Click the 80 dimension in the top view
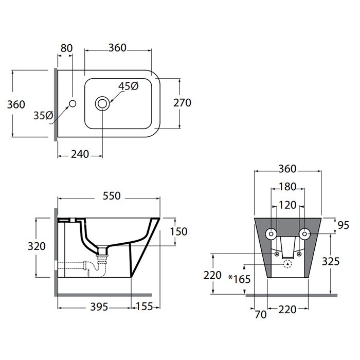66,48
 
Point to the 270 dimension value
182,103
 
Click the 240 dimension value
80,154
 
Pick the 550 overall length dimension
111,196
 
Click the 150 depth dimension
178,232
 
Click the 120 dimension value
287,205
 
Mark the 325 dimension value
330,261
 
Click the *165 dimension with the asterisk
239,279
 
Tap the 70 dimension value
261,314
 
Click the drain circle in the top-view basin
102,103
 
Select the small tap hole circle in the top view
73,103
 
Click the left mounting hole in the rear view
271,234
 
